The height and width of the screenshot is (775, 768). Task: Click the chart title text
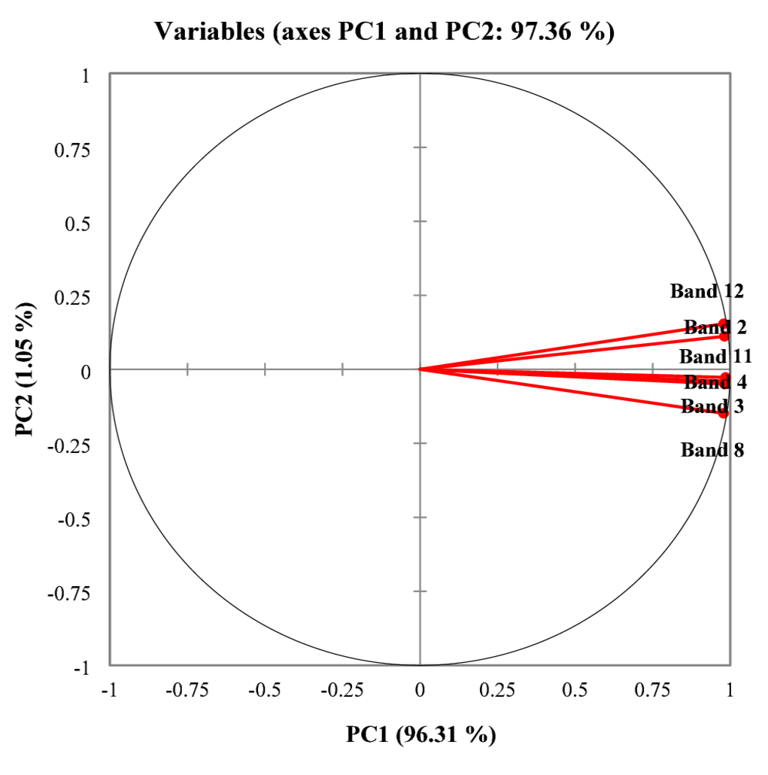[x=384, y=31]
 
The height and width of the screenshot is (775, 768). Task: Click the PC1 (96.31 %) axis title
[x=420, y=734]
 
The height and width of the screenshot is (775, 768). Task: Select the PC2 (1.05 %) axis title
[x=28, y=369]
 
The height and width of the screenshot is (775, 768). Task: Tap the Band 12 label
[x=707, y=290]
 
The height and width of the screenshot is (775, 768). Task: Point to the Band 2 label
[x=715, y=327]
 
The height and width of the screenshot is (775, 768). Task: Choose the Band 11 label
[x=715, y=356]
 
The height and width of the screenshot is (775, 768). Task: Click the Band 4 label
[x=715, y=383]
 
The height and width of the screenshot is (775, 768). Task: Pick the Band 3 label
[x=712, y=407]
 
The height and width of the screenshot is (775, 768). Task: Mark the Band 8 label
[x=712, y=450]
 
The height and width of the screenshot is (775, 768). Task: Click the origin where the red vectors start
[x=420, y=369]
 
